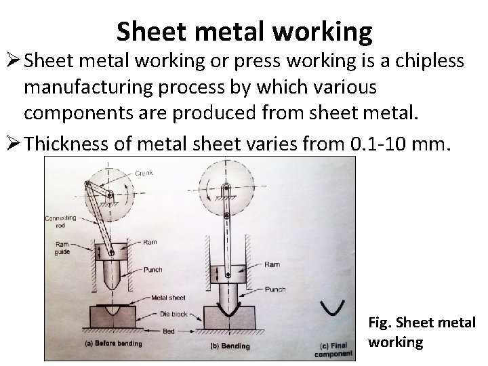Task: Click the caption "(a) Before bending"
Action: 114,344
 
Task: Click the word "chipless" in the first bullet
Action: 428,62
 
